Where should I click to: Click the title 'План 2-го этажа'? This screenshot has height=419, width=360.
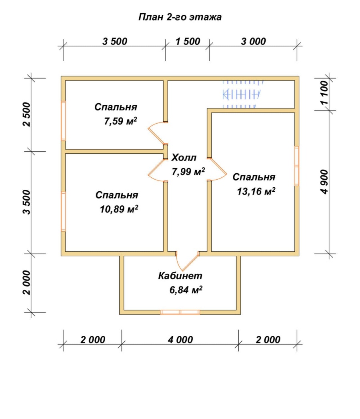(x=180, y=17)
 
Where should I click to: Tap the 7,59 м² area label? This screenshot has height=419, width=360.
(x=120, y=121)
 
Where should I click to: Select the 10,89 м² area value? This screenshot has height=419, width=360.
(x=119, y=209)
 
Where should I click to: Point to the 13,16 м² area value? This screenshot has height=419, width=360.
(x=256, y=191)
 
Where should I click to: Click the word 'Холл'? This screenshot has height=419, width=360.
(x=184, y=158)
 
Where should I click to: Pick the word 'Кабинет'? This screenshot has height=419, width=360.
(x=180, y=275)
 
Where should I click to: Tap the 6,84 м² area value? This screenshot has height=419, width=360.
(x=186, y=290)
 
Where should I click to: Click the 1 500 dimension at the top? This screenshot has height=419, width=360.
(x=188, y=41)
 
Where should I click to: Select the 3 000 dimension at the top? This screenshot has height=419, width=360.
(x=254, y=41)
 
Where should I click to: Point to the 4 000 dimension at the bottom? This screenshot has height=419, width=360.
(x=180, y=340)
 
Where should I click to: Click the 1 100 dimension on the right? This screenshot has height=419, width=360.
(x=324, y=93)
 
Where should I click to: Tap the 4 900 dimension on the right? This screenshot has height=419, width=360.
(x=324, y=182)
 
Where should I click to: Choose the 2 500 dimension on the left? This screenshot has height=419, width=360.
(x=27, y=114)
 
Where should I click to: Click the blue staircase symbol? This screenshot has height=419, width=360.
(x=241, y=94)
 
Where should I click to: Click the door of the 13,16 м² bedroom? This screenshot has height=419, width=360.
(x=216, y=169)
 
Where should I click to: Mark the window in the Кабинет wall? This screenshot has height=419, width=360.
(x=180, y=312)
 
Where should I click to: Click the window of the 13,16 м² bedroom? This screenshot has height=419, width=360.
(x=297, y=166)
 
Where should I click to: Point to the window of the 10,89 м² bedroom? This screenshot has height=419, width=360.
(x=63, y=211)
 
